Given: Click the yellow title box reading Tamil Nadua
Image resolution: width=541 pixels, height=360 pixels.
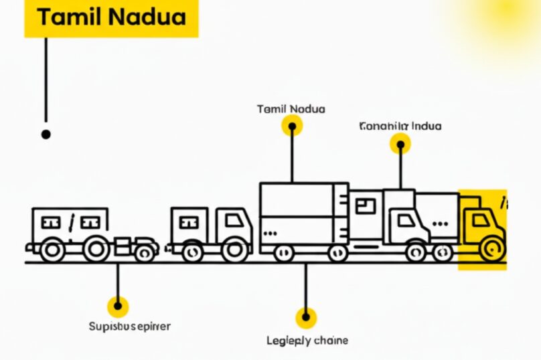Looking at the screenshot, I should [111, 18].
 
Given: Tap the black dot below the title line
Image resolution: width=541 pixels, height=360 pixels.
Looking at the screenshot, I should [46, 134].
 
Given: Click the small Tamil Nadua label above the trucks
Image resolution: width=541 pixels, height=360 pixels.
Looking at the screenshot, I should [291, 108].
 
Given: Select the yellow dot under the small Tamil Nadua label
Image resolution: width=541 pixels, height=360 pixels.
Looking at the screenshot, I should [292, 125].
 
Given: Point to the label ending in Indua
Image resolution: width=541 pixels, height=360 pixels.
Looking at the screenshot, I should [400, 126].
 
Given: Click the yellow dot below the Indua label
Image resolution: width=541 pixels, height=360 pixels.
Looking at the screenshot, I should [400, 143].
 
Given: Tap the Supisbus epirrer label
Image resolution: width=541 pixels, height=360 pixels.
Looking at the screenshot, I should [130, 327].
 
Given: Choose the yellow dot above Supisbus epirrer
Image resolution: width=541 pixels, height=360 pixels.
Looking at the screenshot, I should [119, 306].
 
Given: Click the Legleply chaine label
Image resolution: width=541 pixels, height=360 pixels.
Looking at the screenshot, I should [307, 341].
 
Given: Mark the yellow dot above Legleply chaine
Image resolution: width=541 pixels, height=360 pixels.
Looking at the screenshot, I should [306, 317].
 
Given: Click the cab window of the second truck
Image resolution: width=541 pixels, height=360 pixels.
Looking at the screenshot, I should [234, 220].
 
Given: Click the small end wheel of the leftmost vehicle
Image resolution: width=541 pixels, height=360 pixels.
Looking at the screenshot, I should [145, 252].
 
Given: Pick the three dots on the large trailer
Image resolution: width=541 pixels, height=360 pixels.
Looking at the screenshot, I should [271, 234].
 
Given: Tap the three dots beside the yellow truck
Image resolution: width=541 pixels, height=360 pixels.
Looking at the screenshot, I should [441, 224].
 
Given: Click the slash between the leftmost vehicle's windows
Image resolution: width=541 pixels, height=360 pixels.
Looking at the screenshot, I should [71, 221].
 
